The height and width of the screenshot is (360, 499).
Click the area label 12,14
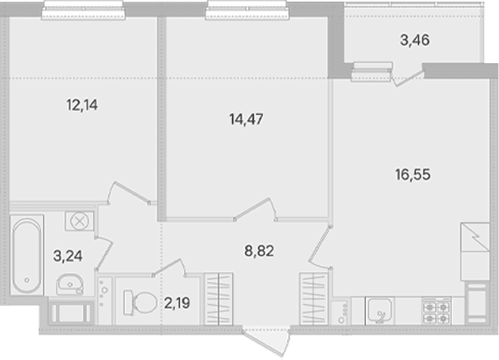[82, 105]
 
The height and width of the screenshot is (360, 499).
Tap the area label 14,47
[246, 119]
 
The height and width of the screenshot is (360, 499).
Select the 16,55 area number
[413, 174]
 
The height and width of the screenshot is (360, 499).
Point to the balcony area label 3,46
[414, 40]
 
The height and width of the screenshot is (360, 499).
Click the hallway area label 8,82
[259, 252]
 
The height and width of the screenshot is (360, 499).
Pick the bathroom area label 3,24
[67, 256]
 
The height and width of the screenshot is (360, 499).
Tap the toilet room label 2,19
[178, 303]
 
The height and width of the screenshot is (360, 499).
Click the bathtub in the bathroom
[27, 255]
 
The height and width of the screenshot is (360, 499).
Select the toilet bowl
[140, 302]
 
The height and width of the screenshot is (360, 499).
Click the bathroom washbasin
[70, 284]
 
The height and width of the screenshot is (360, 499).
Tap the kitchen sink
[379, 311]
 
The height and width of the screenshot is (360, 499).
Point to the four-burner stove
[437, 311]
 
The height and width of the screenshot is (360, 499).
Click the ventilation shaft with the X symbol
[79, 221]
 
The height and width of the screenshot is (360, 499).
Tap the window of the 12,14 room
[83, 10]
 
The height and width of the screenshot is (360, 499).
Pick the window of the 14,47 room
[247, 10]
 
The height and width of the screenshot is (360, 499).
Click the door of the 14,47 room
[255, 210]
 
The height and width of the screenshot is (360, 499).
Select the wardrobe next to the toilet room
[219, 299]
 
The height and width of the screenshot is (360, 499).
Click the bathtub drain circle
[27, 280]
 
